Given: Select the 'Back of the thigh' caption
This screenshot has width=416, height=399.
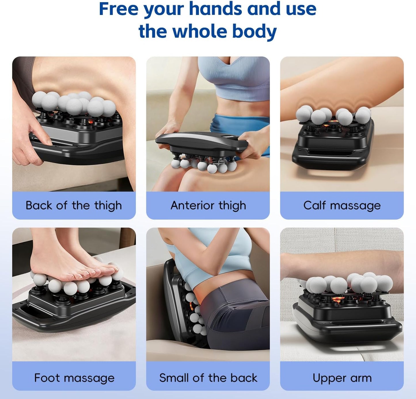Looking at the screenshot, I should click(x=74, y=206).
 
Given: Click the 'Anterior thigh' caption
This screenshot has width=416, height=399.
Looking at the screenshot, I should click(x=208, y=206).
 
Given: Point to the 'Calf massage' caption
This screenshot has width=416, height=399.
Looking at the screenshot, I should click(x=342, y=206).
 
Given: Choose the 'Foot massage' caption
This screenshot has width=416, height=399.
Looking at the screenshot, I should click(x=74, y=378).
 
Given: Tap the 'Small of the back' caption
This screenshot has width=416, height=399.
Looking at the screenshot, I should click(x=208, y=378).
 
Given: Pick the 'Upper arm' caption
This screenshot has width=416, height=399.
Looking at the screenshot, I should click(x=342, y=378).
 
